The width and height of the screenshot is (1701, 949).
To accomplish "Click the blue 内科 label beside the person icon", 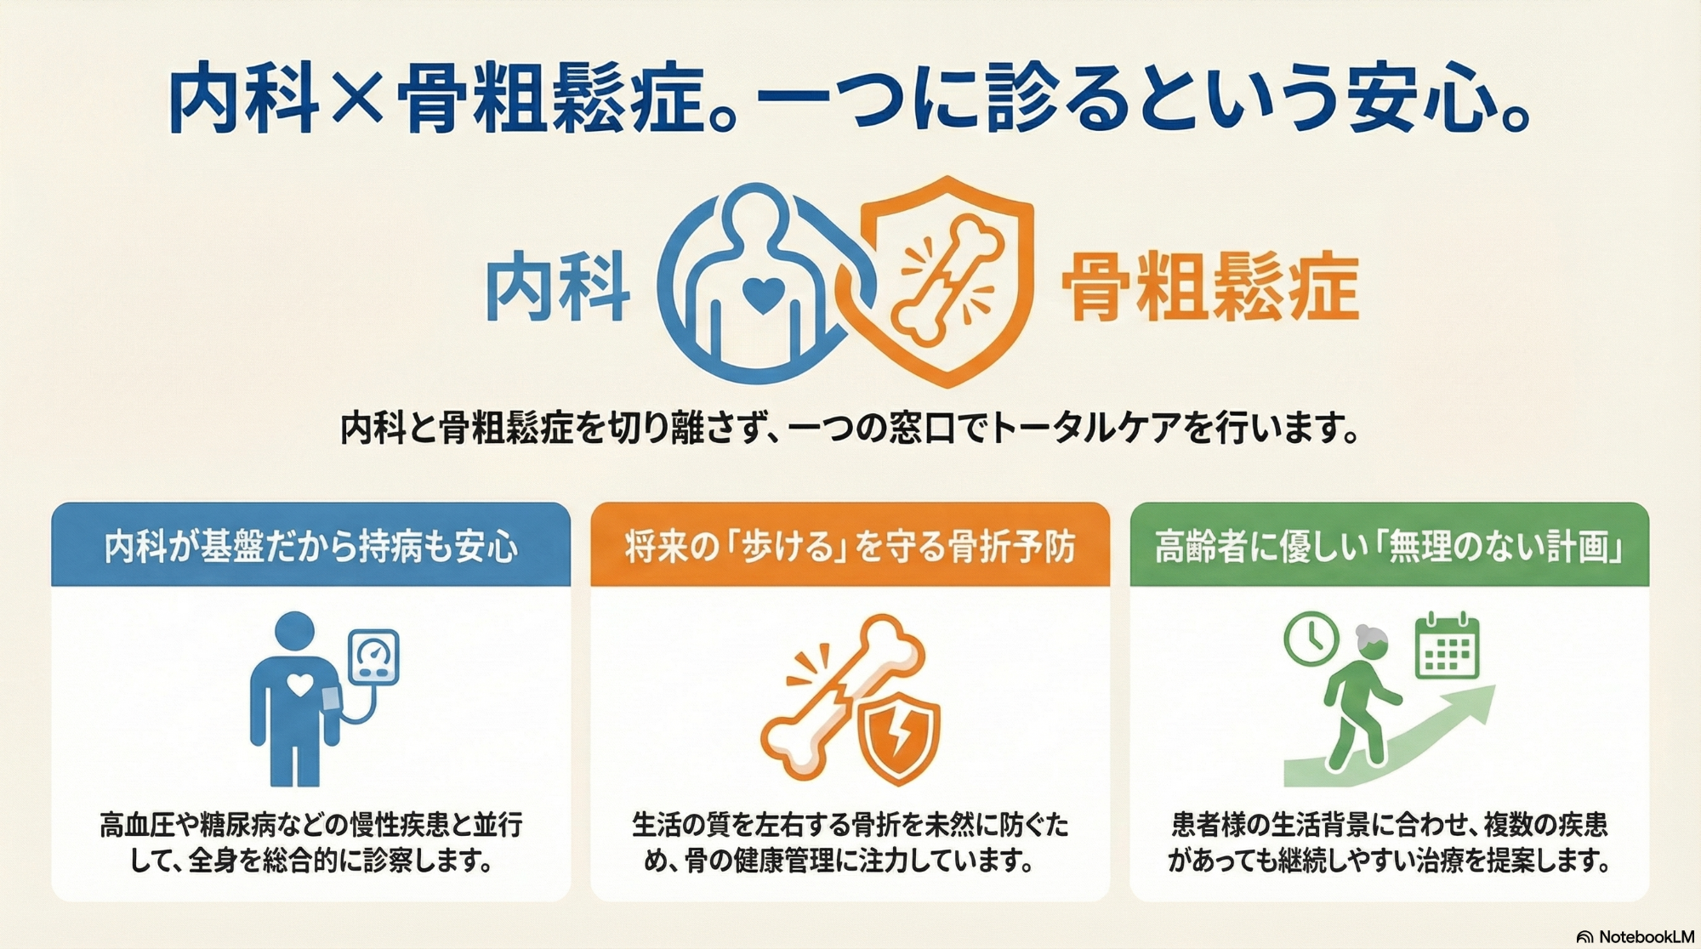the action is [x=557, y=286].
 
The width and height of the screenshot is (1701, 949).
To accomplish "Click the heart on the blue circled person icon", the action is [x=763, y=294].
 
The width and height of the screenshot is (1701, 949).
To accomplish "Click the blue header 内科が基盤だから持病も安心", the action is [x=310, y=546].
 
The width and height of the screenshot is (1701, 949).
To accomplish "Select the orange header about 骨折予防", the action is [x=850, y=546].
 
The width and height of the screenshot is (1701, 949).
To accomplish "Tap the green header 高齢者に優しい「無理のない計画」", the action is [x=1389, y=546].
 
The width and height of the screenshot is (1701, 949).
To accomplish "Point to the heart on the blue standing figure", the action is [x=299, y=684].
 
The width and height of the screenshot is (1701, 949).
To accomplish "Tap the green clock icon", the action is [x=1311, y=639].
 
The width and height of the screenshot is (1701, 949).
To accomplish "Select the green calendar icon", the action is [x=1448, y=645].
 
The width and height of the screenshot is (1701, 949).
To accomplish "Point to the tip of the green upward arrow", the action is [x=1494, y=687].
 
